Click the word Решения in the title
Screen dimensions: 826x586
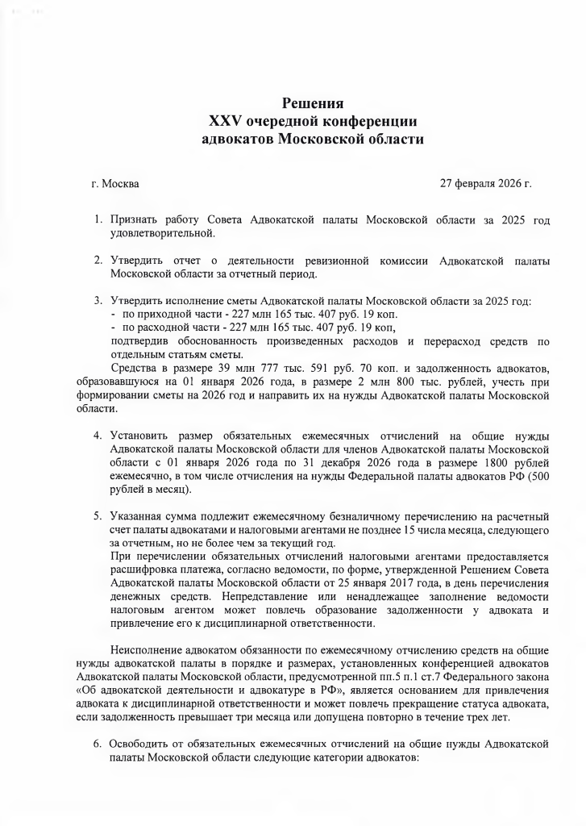(313, 104)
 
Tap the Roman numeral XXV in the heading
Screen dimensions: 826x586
(226, 121)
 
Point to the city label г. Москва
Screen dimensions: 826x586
(115, 184)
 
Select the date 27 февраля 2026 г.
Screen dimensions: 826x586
(485, 184)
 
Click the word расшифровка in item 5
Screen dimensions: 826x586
(146, 569)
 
